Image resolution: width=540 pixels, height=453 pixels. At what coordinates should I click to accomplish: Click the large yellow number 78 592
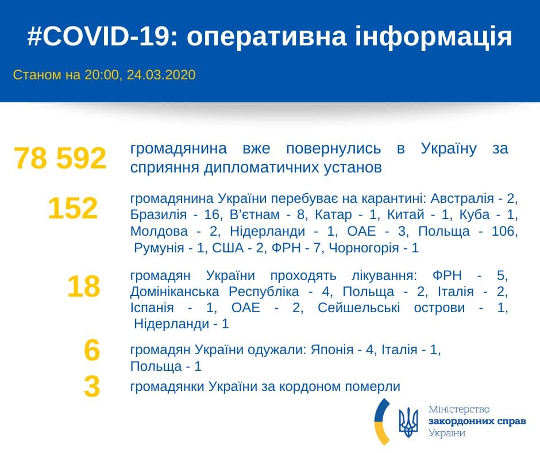click(x=60, y=159)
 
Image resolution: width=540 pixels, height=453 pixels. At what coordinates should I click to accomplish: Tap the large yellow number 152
click(x=72, y=209)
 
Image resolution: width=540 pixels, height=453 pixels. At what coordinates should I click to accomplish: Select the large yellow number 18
click(x=83, y=286)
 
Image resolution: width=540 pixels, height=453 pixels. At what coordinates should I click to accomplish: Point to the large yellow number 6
click(x=91, y=351)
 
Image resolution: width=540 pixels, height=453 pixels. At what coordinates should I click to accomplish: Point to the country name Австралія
click(x=464, y=199)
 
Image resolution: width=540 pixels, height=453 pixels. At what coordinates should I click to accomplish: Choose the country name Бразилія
click(x=155, y=215)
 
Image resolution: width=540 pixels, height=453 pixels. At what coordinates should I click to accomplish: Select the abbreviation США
click(x=227, y=248)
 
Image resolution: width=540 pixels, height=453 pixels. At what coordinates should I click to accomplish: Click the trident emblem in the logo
click(x=408, y=423)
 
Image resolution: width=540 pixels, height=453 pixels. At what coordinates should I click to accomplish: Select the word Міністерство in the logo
click(x=459, y=410)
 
